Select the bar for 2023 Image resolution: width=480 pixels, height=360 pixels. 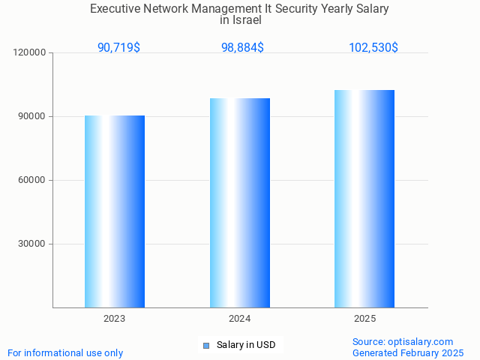[x=115, y=211]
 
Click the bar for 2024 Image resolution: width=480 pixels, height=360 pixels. [x=240, y=202]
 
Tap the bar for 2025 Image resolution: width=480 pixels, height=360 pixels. [x=364, y=199]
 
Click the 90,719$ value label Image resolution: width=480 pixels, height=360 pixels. [x=118, y=48]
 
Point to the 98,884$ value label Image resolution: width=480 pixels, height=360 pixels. [x=242, y=48]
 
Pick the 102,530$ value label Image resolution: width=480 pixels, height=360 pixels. [x=373, y=48]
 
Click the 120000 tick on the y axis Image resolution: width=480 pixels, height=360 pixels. [x=30, y=52]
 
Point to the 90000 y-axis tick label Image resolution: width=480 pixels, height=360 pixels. [x=32, y=116]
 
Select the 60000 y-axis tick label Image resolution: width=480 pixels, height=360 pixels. [x=32, y=180]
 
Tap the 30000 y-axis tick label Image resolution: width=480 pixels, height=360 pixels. [x=32, y=244]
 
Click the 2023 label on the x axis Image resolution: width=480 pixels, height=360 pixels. [x=115, y=319]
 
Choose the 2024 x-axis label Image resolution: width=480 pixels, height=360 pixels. [x=240, y=319]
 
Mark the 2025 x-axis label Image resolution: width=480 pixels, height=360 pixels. [x=364, y=319]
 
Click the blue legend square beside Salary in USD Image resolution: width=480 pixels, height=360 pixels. [x=206, y=345]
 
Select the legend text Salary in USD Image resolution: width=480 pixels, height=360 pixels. [x=246, y=345]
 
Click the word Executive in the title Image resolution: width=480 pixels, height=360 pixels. [x=115, y=9]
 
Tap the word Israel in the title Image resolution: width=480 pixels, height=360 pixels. [x=246, y=20]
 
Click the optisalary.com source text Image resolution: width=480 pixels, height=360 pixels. [x=403, y=341]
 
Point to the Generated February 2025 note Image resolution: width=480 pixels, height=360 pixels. [x=408, y=352]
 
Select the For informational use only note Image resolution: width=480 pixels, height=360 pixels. [x=65, y=352]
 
